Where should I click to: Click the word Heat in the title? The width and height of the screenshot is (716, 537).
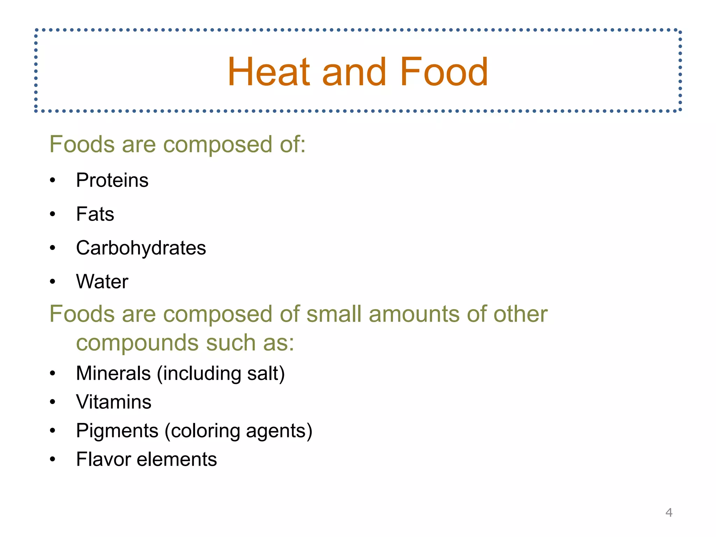click(x=268, y=72)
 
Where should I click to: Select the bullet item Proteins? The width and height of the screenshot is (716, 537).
click(x=112, y=180)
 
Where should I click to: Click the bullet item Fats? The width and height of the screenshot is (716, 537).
click(x=95, y=214)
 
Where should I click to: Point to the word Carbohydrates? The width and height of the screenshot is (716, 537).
click(x=141, y=248)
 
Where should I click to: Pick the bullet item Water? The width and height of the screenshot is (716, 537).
click(x=102, y=281)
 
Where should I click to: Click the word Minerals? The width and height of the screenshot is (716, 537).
click(x=113, y=373)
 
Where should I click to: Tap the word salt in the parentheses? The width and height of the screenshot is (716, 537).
click(x=262, y=373)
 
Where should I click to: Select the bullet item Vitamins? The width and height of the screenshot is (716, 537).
click(x=114, y=402)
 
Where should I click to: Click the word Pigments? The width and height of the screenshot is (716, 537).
click(x=117, y=431)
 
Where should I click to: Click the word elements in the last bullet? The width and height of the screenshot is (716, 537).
click(x=177, y=459)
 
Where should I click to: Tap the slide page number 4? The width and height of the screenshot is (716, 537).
click(x=669, y=513)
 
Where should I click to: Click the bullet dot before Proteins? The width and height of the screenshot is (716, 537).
click(x=52, y=181)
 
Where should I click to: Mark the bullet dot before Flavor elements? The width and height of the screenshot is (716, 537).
click(x=52, y=459)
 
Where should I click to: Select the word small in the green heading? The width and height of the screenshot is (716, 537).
click(x=334, y=314)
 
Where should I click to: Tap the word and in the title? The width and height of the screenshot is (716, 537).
click(x=354, y=72)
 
